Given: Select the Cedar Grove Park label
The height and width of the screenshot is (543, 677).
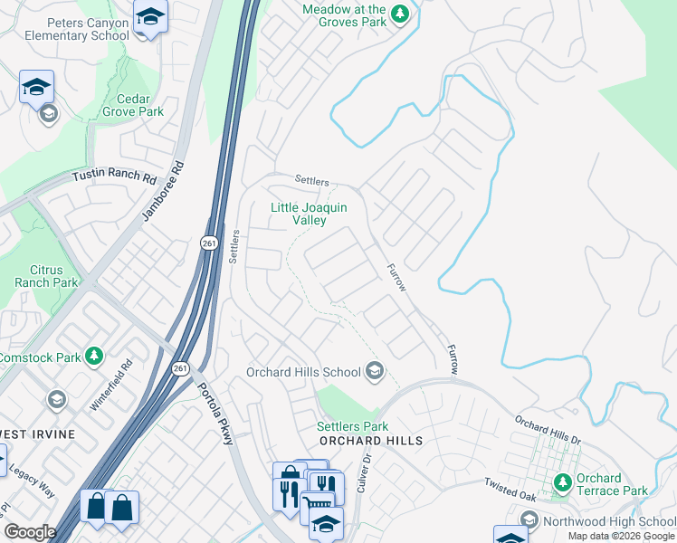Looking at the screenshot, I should (x=139, y=105).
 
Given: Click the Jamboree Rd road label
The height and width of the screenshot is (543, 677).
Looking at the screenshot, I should (x=163, y=192).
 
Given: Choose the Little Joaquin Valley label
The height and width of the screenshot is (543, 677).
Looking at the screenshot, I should (x=310, y=214).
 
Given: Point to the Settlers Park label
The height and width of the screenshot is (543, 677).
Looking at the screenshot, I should (x=352, y=426).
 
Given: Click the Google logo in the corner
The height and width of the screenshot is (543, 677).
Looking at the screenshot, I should (x=30, y=531).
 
